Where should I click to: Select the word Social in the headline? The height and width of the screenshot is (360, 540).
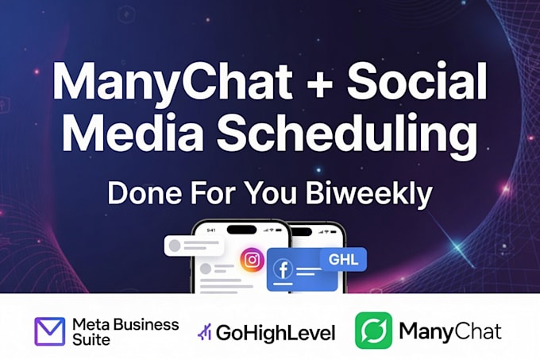click(417, 81)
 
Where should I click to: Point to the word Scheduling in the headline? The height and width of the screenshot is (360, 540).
click(347, 137)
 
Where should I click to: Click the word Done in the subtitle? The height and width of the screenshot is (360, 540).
click(145, 193)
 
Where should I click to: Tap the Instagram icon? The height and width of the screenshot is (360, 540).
click(252, 260)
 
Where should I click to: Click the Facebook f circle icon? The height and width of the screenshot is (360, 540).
click(283, 269)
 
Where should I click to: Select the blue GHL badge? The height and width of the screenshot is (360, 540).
click(343, 259)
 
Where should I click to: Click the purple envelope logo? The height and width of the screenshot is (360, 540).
click(50, 331)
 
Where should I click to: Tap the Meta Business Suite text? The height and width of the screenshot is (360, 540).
click(125, 331)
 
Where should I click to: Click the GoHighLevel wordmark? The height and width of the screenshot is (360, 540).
click(276, 333)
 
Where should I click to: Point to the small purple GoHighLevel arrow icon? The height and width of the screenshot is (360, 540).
click(205, 332)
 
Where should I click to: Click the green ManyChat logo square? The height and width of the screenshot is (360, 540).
click(374, 331)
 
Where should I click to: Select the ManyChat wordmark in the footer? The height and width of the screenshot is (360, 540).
click(450, 331)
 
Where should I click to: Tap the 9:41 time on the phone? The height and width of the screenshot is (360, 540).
click(211, 230)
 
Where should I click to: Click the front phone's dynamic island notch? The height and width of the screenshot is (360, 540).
click(241, 230)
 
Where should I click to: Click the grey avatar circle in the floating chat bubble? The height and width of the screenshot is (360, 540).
click(175, 246)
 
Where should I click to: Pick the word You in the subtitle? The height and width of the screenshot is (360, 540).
click(272, 193)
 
